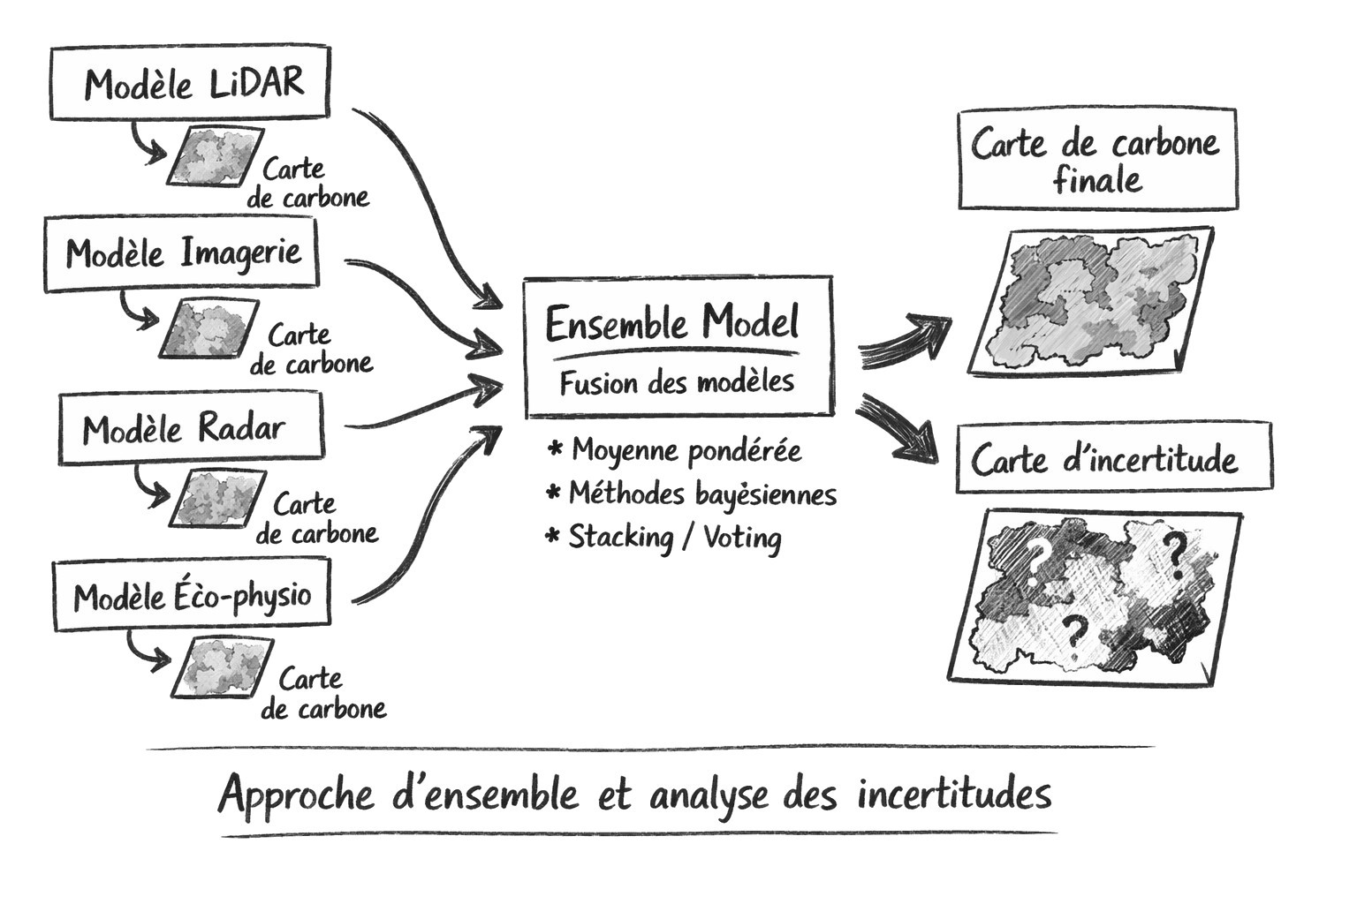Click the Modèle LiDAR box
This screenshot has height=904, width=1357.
point(190,83)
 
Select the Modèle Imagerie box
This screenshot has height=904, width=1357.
point(182,254)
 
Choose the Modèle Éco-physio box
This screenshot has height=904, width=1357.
point(192,597)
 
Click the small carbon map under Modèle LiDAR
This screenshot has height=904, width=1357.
point(215,156)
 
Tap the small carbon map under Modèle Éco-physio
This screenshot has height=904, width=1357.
point(221,666)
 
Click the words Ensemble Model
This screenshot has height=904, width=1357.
point(672,323)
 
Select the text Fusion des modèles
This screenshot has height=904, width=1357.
point(677,383)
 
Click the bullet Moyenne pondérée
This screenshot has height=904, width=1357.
point(686,450)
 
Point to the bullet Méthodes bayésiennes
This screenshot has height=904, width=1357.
point(701,493)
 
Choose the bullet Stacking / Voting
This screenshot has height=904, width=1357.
point(674,536)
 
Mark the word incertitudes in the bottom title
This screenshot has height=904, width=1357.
point(954,794)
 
